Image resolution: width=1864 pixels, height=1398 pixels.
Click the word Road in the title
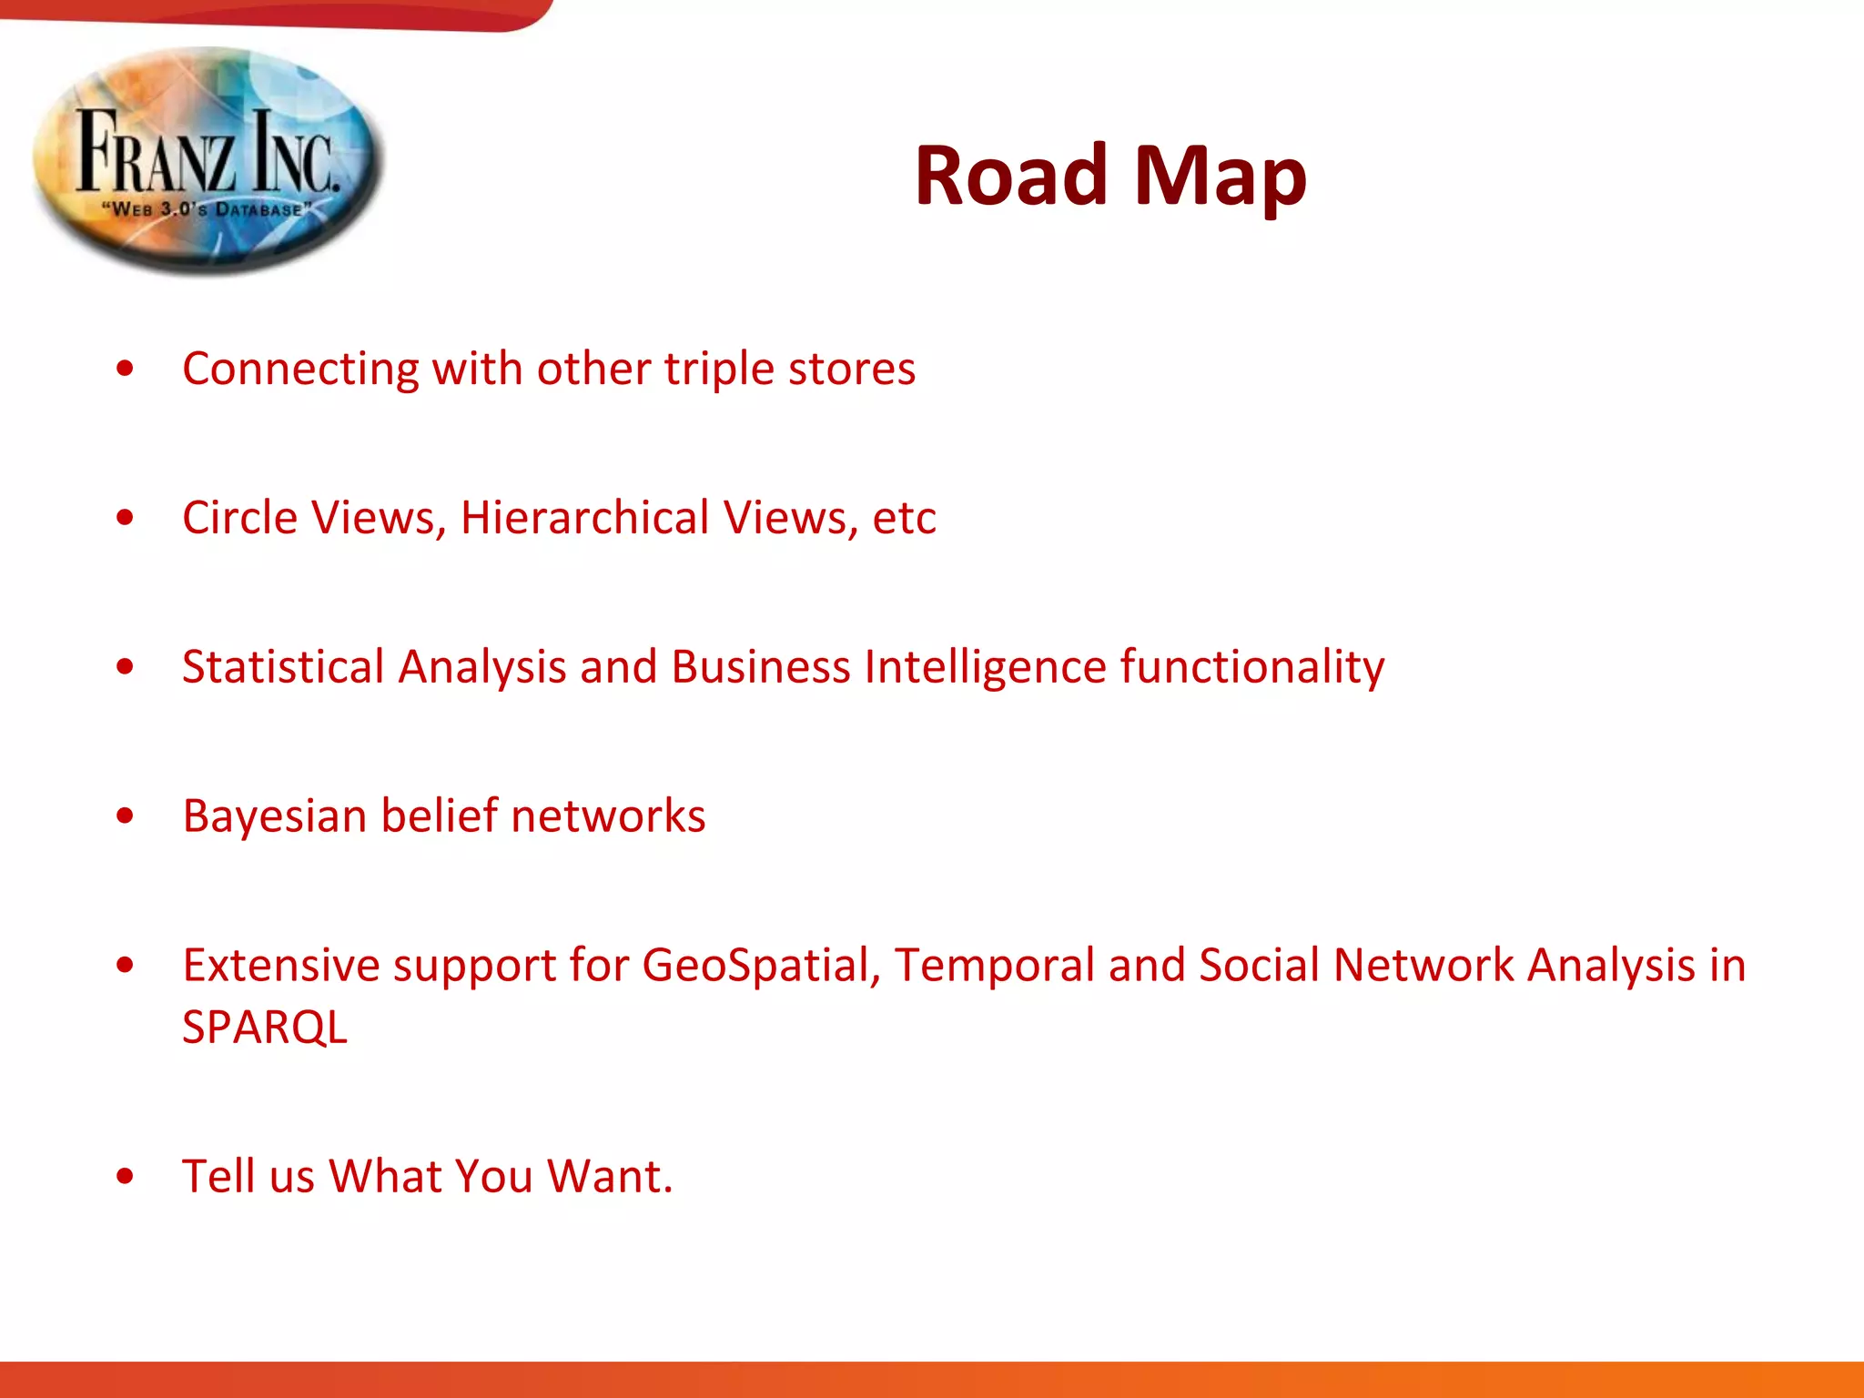pos(1010,176)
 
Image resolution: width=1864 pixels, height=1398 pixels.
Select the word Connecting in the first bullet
pos(300,370)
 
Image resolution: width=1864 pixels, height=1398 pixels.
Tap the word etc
pos(904,519)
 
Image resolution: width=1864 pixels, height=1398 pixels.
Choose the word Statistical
pos(283,666)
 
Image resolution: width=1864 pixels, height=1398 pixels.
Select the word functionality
pos(1252,667)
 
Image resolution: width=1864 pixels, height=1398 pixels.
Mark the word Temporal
pos(994,965)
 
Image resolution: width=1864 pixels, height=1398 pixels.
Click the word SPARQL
pos(265,1027)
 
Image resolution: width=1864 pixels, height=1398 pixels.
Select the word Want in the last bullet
pos(609,1176)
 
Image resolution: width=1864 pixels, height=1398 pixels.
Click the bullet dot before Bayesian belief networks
pos(126,816)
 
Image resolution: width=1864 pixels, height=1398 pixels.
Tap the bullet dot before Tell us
pos(126,1176)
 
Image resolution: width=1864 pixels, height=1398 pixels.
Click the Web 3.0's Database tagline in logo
pos(207,209)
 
